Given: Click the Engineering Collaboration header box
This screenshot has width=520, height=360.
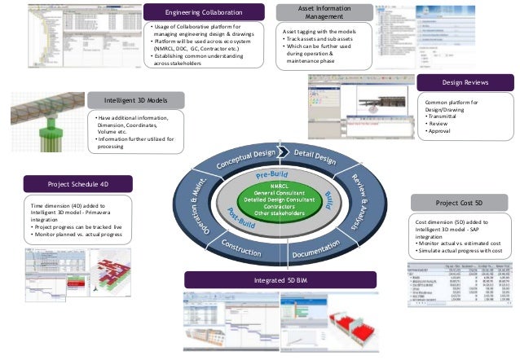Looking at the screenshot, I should point(203,13).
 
